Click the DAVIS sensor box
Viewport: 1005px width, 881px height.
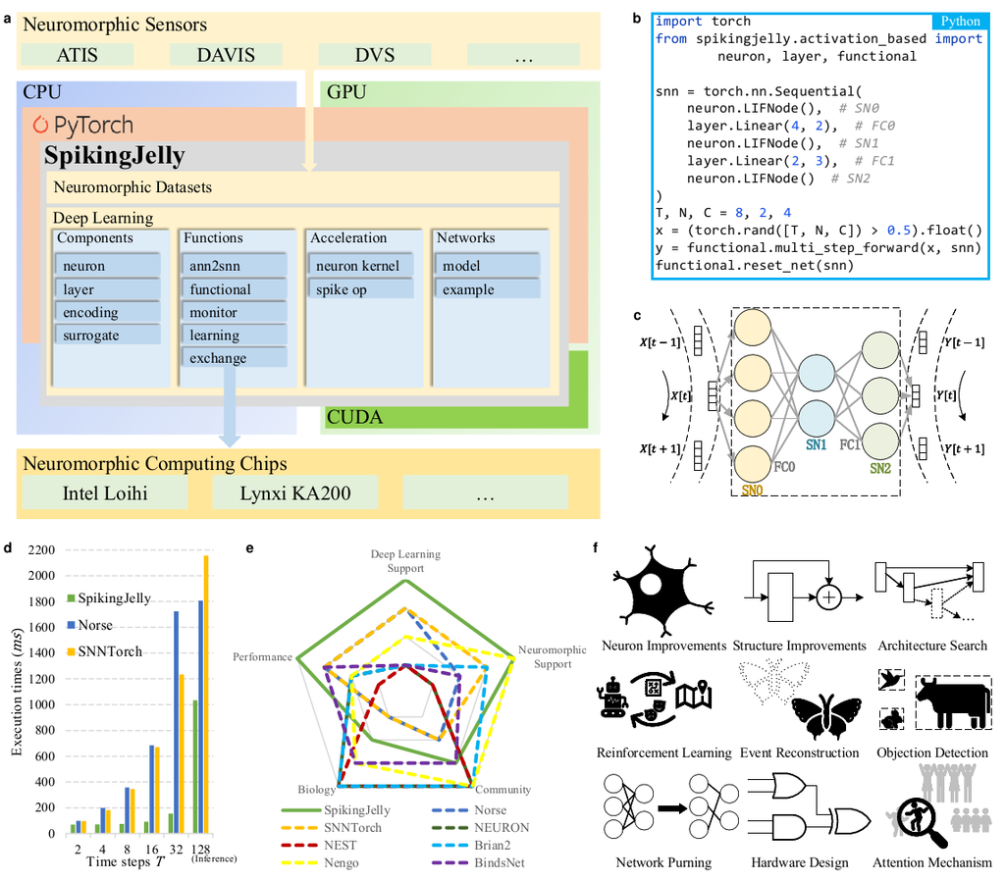(x=226, y=56)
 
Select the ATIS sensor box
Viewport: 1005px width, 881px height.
(x=77, y=56)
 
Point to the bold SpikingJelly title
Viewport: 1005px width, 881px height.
(x=115, y=155)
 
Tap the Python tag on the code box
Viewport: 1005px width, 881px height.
(x=960, y=22)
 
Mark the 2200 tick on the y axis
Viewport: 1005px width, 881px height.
(x=42, y=551)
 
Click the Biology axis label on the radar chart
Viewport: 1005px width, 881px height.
(x=316, y=789)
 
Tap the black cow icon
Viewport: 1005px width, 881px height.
(x=949, y=703)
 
